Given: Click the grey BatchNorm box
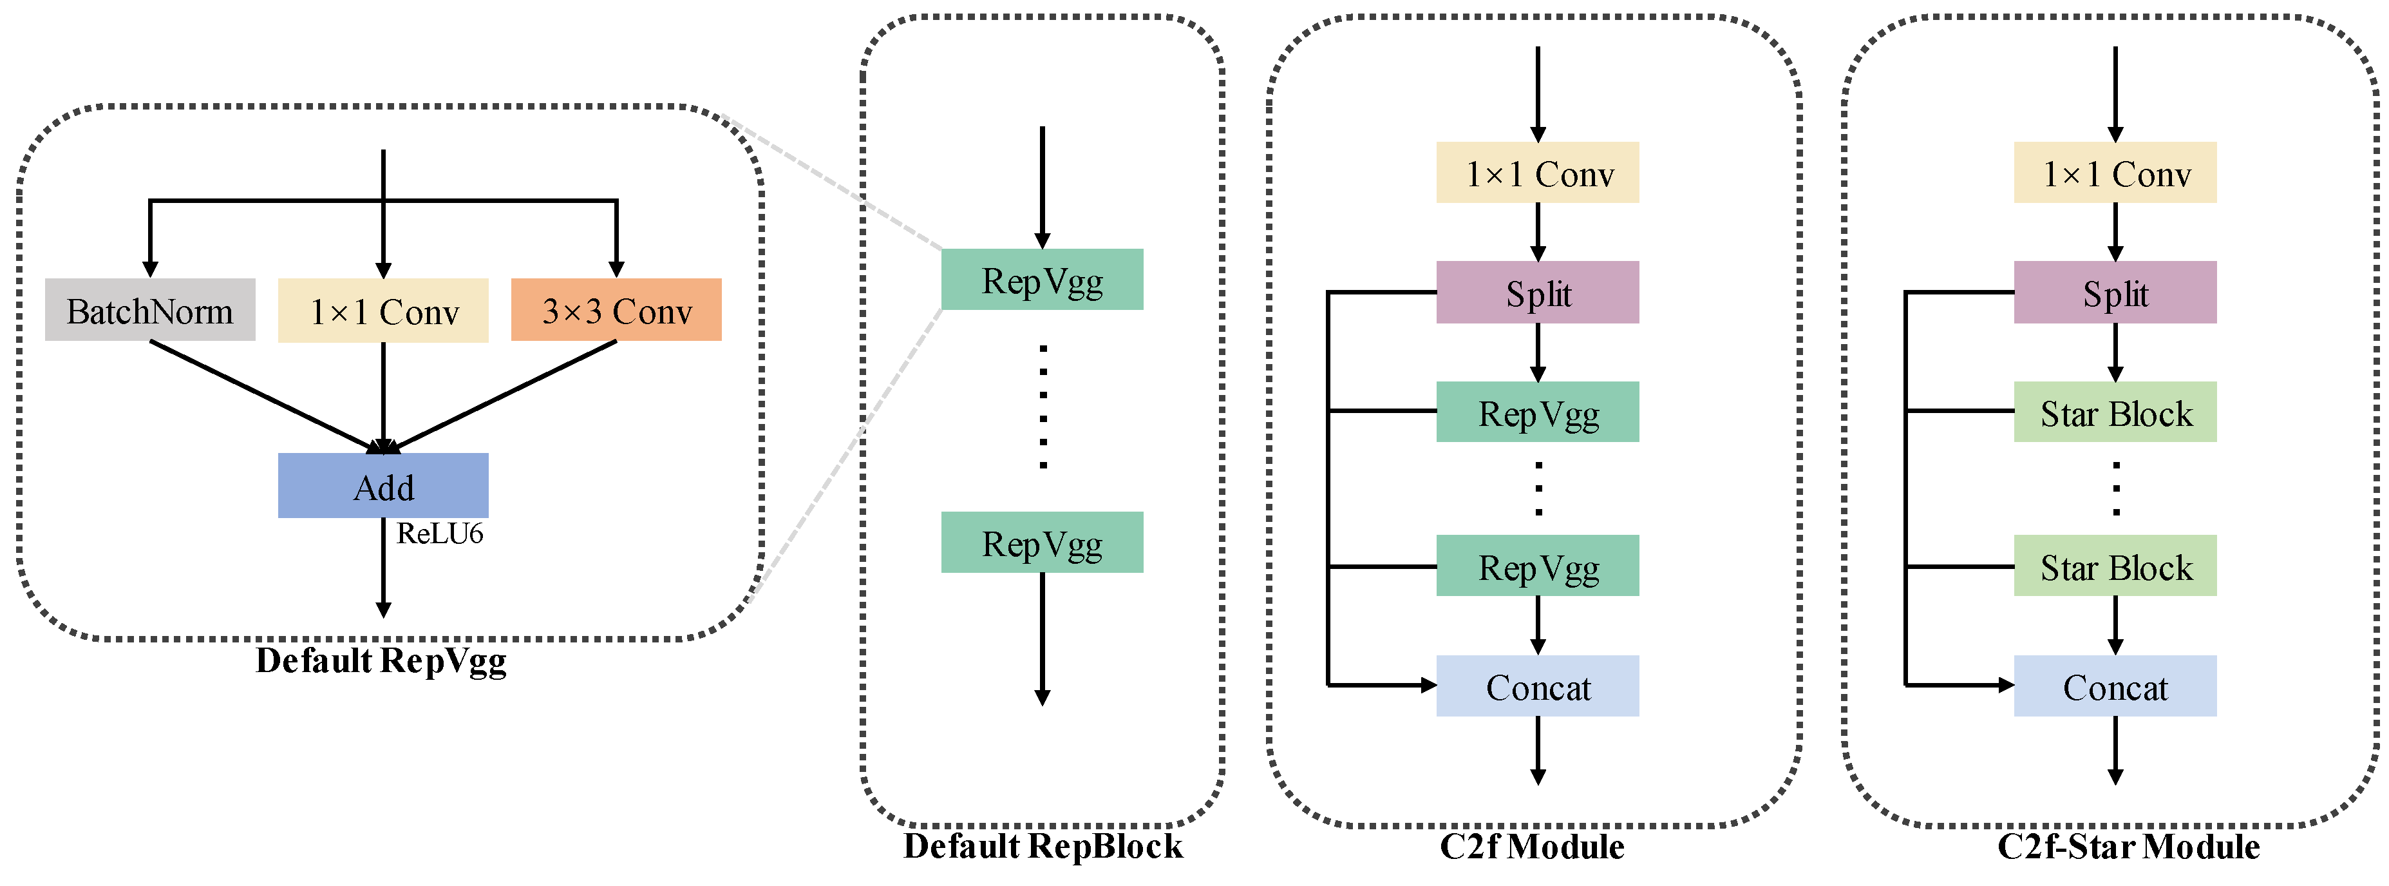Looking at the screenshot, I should coord(149,310).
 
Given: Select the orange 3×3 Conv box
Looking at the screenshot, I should coord(616,310).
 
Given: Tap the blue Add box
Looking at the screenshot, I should coord(383,485).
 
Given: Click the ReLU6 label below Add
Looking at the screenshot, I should coord(440,534).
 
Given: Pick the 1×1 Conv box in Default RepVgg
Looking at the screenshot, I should coord(383,311).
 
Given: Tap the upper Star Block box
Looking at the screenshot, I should coord(2115,412).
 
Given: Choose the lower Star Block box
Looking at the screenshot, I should coord(2115,565).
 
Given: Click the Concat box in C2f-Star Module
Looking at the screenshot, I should coord(2115,686).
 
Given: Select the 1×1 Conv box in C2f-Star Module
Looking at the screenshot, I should coord(2115,173).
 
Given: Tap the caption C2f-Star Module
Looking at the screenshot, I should coord(2128,846).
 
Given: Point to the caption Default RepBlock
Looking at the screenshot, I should coord(1043,846).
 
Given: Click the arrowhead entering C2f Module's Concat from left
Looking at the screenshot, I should coord(1428,686).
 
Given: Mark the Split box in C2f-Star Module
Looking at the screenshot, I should coord(2115,293).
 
